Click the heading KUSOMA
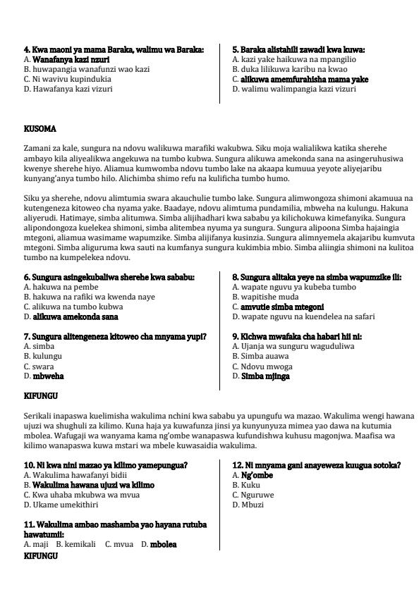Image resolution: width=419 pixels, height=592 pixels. point(40,129)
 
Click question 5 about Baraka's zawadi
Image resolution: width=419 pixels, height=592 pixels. point(298,50)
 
